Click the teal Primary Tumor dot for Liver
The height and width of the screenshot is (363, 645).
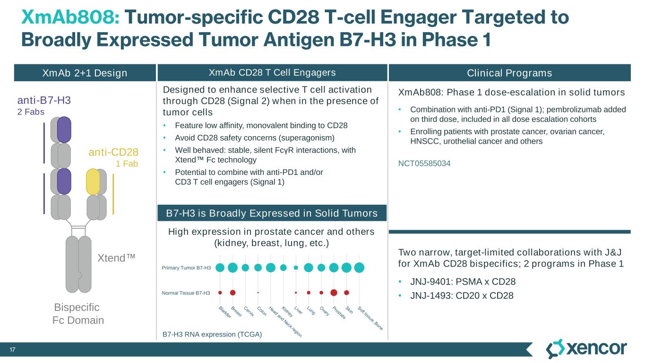(296, 268)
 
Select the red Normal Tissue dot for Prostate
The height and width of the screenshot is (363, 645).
(334, 293)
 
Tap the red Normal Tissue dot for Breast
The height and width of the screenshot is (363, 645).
(232, 293)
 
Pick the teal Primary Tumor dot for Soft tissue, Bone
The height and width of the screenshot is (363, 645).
(359, 268)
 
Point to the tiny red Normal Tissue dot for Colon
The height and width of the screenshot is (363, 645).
(258, 293)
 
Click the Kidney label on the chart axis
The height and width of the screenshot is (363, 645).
(287, 312)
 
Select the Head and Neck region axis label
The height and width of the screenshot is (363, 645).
(285, 321)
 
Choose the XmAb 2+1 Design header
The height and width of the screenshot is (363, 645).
(85, 73)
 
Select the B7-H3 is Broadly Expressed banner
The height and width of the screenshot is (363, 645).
(272, 214)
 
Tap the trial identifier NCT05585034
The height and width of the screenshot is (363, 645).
(424, 164)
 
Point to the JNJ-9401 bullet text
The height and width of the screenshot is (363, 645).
(463, 282)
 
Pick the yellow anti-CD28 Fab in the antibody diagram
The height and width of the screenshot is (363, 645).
(93, 182)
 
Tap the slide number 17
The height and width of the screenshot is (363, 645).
(13, 350)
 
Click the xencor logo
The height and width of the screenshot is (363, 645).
(586, 349)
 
